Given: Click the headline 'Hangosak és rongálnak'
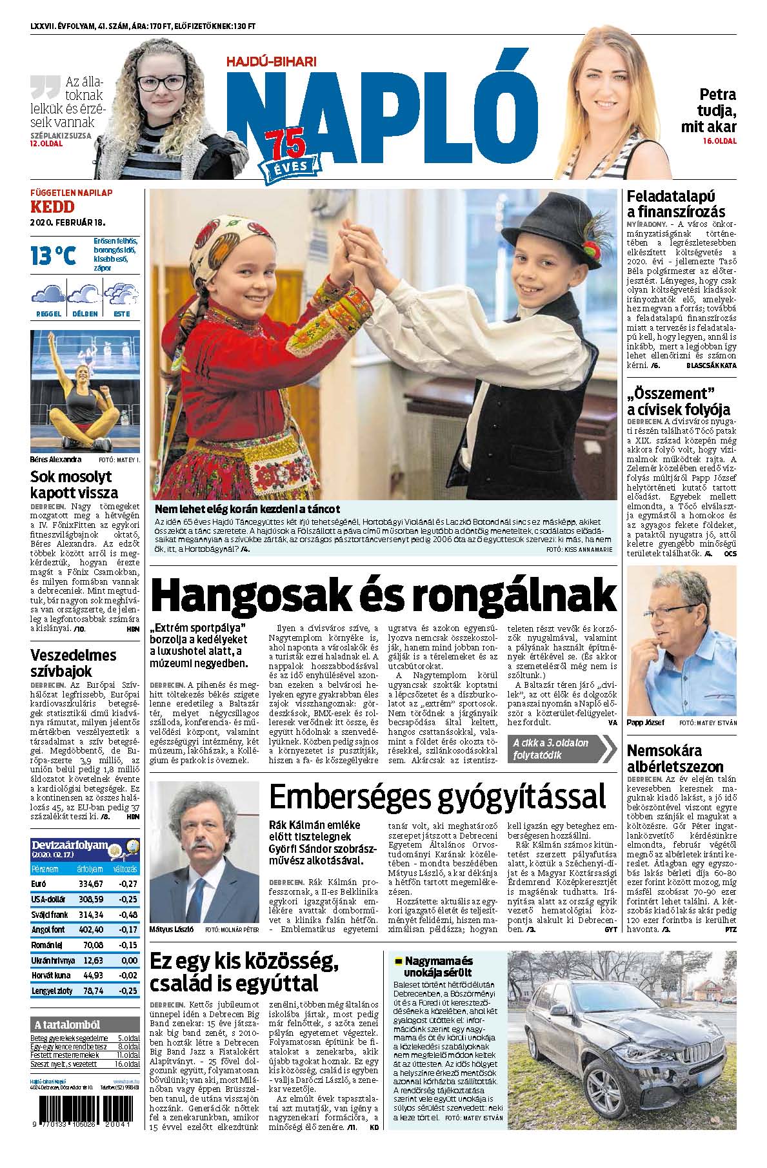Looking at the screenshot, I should (x=383, y=596).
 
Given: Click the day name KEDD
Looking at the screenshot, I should (x=52, y=206).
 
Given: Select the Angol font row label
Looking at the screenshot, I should (x=47, y=930).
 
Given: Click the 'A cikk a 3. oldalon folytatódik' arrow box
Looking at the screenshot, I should (x=561, y=749).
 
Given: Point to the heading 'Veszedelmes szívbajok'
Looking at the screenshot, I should (x=73, y=664).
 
